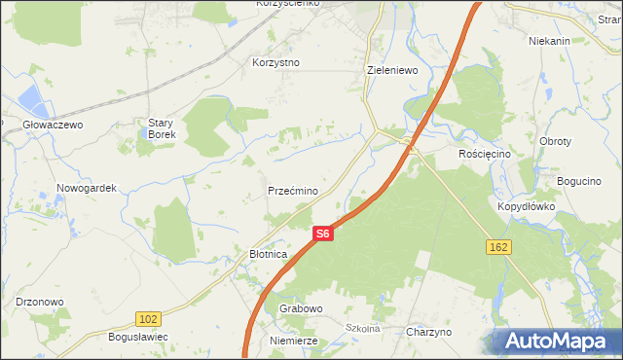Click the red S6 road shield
323,234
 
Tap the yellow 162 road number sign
498,248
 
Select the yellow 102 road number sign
148,319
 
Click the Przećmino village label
292,192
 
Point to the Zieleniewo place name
392,71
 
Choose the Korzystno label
275,62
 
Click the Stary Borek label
161,128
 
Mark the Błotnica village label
268,254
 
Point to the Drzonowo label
40,302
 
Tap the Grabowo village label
301,308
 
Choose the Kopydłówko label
526,207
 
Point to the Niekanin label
548,42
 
